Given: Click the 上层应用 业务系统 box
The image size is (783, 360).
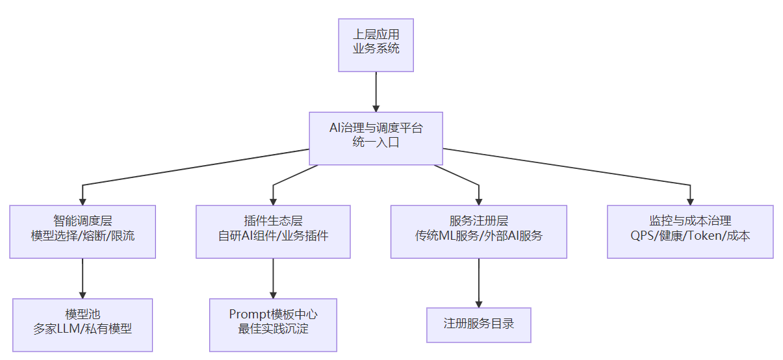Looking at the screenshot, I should pyautogui.click(x=376, y=45).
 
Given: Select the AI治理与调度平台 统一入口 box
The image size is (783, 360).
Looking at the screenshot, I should pyautogui.click(x=376, y=138).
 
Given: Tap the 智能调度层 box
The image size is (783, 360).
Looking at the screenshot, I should pyautogui.click(x=83, y=232).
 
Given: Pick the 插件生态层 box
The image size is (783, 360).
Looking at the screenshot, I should pyautogui.click(x=273, y=232).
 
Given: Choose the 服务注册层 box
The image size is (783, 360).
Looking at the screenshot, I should pyautogui.click(x=478, y=232).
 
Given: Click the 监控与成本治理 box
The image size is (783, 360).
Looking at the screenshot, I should pyautogui.click(x=690, y=232).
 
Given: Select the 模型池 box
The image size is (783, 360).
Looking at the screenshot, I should pyautogui.click(x=83, y=325).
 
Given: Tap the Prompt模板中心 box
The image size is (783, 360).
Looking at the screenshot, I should pyautogui.click(x=273, y=325).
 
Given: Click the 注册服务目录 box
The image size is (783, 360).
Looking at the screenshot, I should pyautogui.click(x=478, y=325).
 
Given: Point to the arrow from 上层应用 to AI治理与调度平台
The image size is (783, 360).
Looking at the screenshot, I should pyautogui.click(x=376, y=91).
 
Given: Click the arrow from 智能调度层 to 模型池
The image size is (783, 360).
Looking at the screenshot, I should pyautogui.click(x=83, y=278).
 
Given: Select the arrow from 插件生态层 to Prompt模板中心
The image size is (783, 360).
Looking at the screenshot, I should pyautogui.click(x=273, y=278).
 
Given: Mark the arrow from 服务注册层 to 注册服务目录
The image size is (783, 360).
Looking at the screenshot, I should pyautogui.click(x=478, y=283).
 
